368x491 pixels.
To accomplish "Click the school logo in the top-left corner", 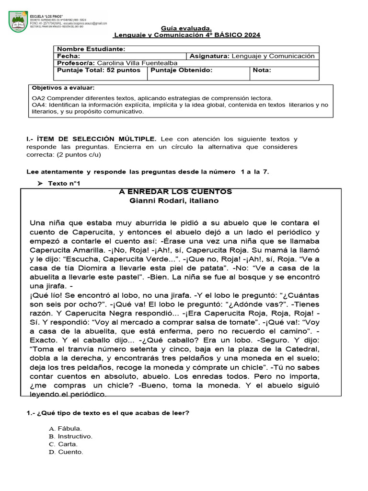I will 19,23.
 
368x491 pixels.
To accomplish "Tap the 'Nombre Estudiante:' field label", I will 91,49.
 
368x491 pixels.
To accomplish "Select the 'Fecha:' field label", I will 69,56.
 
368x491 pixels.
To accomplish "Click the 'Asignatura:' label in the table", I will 210,56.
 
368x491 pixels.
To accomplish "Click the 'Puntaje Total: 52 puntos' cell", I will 99,70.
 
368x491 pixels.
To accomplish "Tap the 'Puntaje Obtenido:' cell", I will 181,70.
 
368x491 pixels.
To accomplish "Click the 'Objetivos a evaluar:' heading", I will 63,88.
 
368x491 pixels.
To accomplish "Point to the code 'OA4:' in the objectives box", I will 39,105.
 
